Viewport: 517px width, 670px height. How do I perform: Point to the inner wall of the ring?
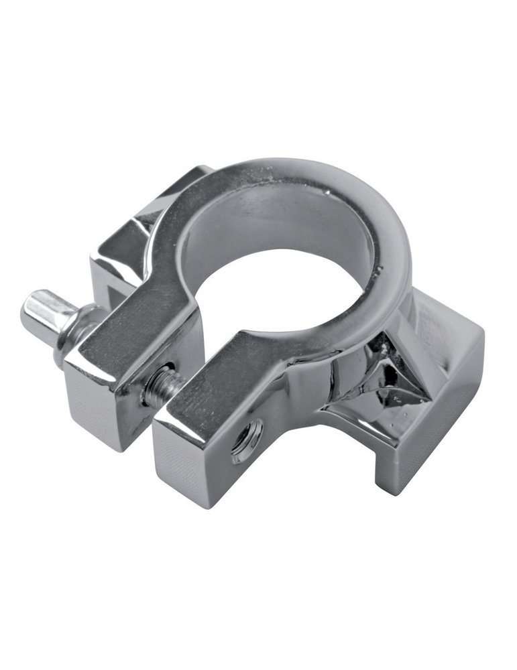268,228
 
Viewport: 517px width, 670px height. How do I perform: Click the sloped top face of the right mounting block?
443,322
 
